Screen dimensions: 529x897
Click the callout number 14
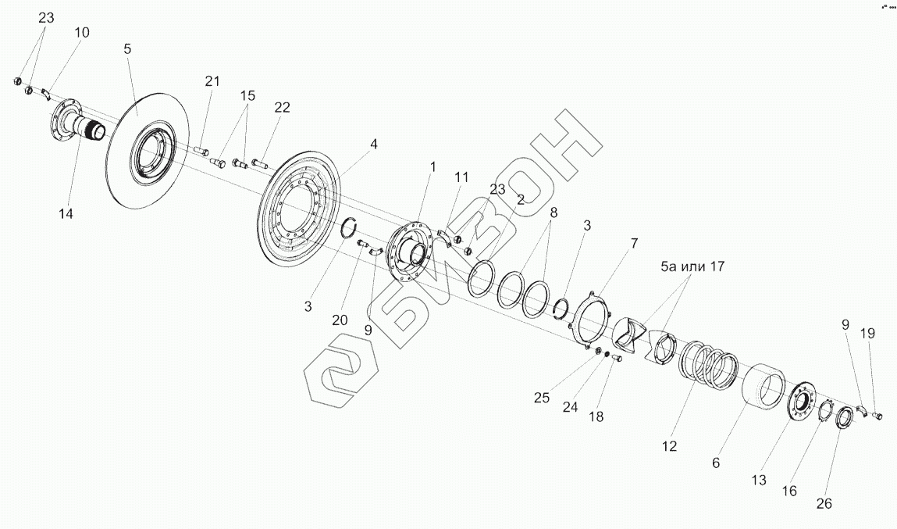[66, 213]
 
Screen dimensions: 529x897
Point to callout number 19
[868, 334]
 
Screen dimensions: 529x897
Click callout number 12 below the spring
[668, 447]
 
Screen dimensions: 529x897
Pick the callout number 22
[282, 108]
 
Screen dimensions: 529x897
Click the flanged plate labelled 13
[798, 405]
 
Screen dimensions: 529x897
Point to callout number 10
[82, 33]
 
